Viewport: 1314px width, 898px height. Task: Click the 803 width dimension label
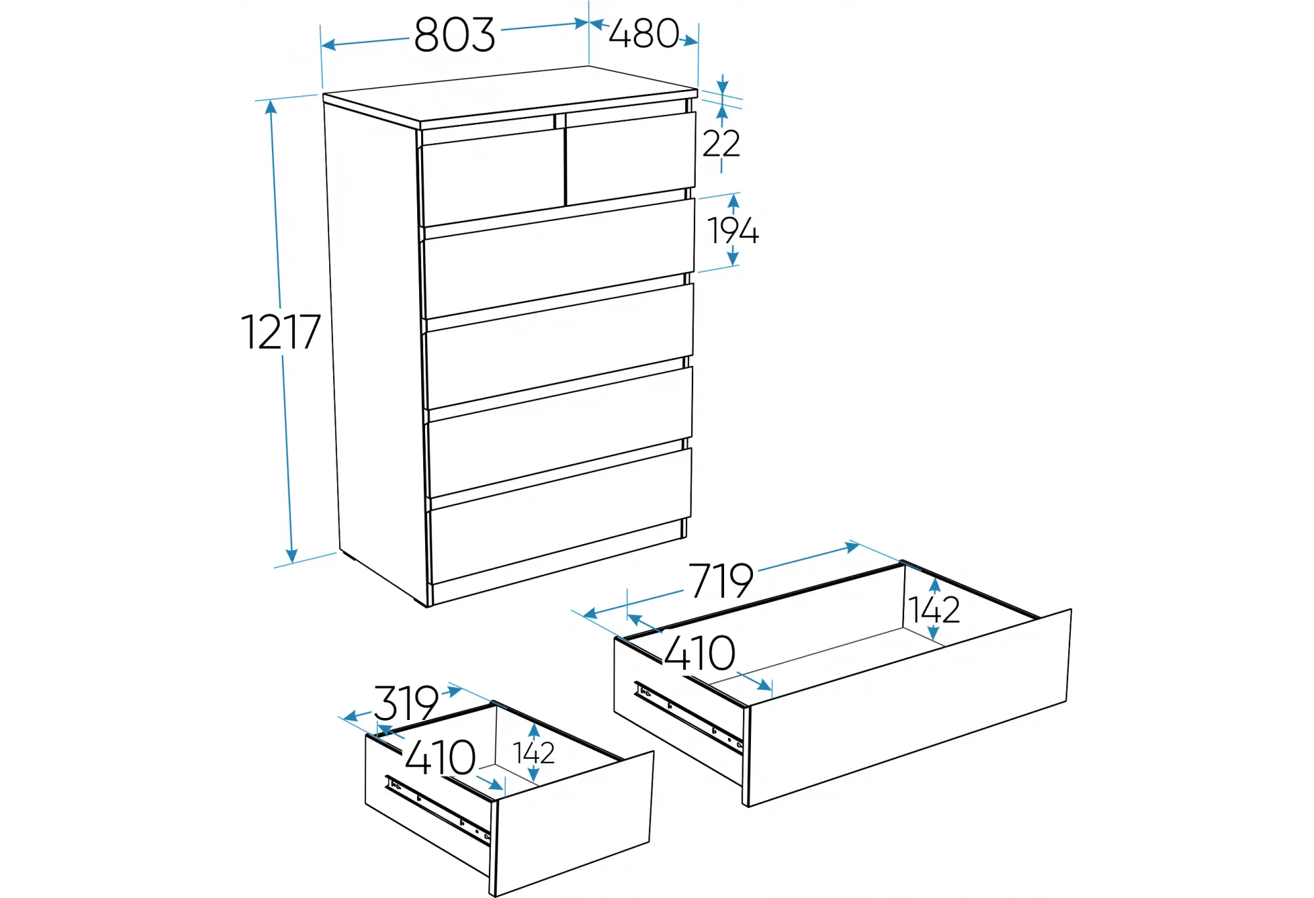click(454, 35)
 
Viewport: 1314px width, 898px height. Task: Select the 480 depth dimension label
click(644, 34)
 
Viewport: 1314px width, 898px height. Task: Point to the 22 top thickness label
click(721, 143)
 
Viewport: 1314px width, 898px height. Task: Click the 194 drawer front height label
click(733, 231)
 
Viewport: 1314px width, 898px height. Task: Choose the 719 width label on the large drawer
click(721, 581)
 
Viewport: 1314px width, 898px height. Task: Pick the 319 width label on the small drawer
click(406, 703)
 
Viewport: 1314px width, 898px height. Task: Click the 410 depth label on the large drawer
click(699, 653)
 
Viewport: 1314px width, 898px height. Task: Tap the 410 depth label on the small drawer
click(440, 758)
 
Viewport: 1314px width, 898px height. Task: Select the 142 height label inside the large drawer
click(934, 610)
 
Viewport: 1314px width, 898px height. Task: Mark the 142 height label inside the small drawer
click(533, 753)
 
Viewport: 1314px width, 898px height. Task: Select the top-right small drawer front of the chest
click(631, 158)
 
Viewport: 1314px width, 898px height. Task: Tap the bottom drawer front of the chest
click(560, 516)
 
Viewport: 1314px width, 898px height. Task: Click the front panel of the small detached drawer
click(573, 824)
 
